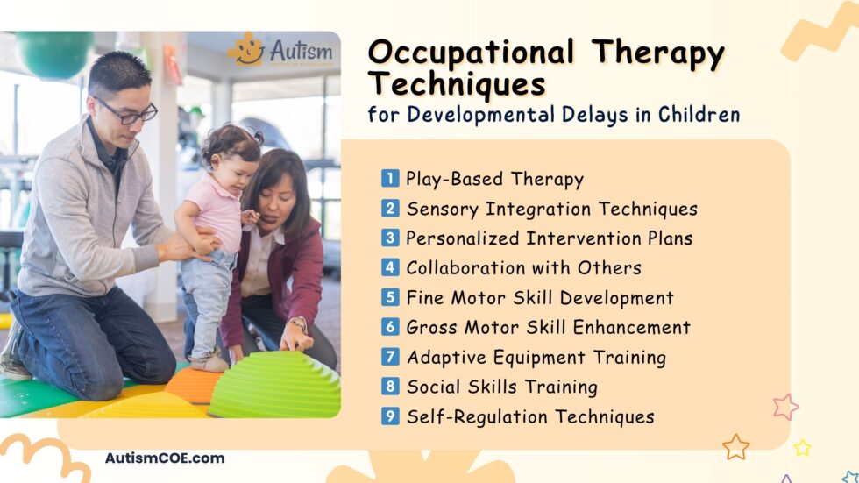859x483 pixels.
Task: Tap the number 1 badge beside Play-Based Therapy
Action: click(390, 179)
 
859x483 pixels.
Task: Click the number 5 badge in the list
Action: click(390, 297)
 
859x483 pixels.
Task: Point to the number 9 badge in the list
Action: click(390, 416)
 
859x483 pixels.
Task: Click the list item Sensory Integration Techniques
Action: click(551, 209)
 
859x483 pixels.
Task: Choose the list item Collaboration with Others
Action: click(523, 267)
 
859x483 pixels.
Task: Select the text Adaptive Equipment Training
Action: click(536, 357)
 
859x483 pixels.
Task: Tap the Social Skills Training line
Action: click(501, 387)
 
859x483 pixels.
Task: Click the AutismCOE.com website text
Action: click(165, 458)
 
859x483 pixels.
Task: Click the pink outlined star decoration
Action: click(785, 407)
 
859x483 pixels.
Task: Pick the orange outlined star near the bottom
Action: click(735, 447)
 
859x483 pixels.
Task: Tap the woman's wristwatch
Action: click(299, 324)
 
